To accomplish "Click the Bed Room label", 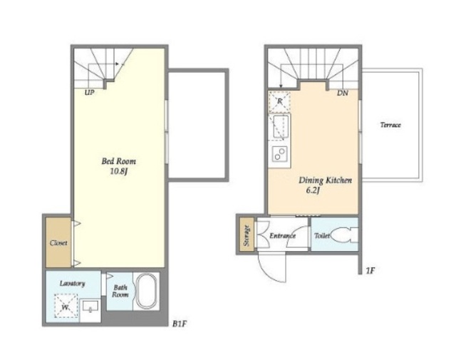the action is click(x=119, y=161).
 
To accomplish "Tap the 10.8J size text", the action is click(x=119, y=171).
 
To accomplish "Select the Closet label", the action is click(x=58, y=242).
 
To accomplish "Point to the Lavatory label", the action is click(x=72, y=283).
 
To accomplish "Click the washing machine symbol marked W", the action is click(x=66, y=306).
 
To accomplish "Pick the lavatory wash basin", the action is click(x=90, y=307).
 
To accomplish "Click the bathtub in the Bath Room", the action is click(x=147, y=291).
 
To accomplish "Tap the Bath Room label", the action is click(x=120, y=291).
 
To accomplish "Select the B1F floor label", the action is click(x=179, y=324).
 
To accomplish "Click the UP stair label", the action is click(x=89, y=93).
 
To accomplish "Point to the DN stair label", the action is click(x=343, y=93).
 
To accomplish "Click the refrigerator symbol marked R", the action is click(x=279, y=101).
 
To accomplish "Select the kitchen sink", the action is click(x=281, y=126).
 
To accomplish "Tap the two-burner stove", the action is click(x=280, y=153).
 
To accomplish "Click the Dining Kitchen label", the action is click(x=325, y=180).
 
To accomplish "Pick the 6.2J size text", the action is click(x=313, y=190).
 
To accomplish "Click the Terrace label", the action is click(x=390, y=125).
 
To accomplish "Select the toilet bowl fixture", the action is click(x=344, y=235).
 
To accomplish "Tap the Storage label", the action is click(x=247, y=235).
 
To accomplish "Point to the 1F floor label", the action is click(x=370, y=271).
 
